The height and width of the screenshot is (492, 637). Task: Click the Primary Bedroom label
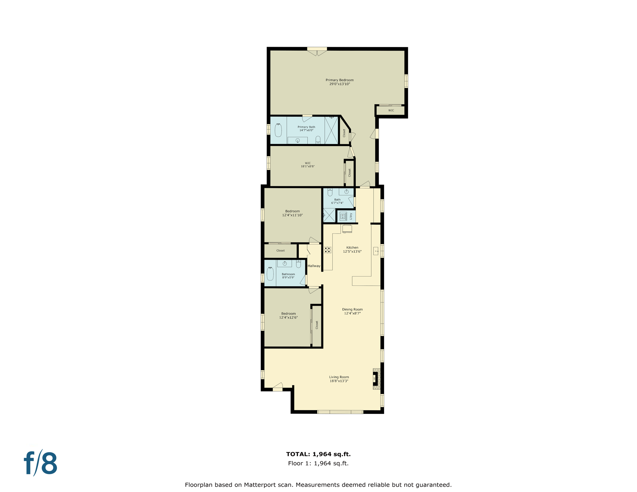click(339, 80)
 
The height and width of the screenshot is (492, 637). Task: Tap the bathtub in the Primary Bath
click(278, 130)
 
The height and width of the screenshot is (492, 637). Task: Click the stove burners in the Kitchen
click(327, 250)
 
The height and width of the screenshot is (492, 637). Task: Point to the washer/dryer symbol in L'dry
click(343, 217)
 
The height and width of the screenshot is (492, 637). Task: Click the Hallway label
click(314, 266)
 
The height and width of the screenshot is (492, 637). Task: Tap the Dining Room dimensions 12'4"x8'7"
click(352, 313)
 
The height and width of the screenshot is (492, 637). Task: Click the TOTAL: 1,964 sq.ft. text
click(318, 454)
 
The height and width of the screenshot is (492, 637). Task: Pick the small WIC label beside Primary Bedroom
click(391, 111)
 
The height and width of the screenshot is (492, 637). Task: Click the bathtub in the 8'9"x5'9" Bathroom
click(270, 274)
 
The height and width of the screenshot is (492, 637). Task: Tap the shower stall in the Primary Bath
click(331, 130)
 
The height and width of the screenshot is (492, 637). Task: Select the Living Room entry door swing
click(278, 386)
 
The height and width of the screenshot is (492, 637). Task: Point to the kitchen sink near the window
click(376, 251)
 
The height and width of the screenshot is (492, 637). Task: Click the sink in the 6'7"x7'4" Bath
click(346, 192)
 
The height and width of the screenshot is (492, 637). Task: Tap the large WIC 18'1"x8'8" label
click(308, 165)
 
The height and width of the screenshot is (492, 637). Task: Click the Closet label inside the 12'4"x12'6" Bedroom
click(317, 325)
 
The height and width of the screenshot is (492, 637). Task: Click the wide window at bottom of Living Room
click(340, 412)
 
